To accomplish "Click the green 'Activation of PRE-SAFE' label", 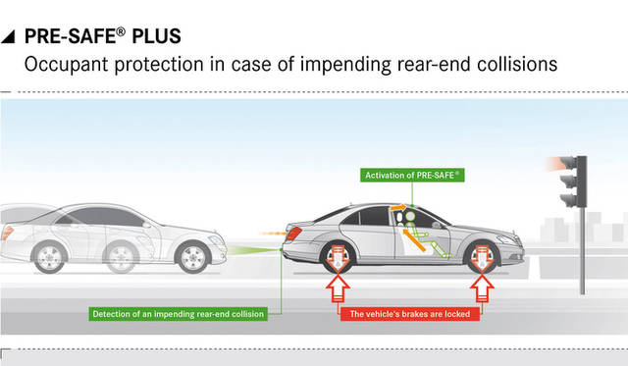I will pyautogui.click(x=412, y=175).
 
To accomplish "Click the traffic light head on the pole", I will pyautogui.click(x=569, y=182).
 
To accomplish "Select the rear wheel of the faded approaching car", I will pyautogui.click(x=49, y=257).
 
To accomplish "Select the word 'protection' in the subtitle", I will pyautogui.click(x=156, y=66).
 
